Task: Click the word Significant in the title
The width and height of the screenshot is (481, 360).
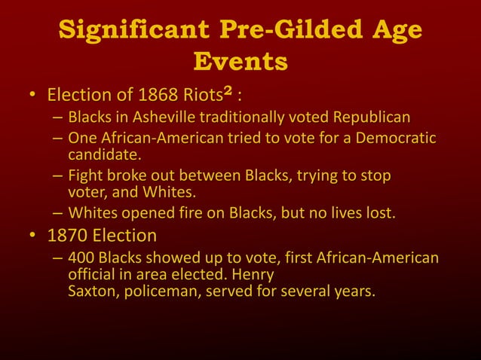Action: click(135, 29)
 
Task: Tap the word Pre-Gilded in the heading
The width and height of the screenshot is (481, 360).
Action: click(285, 29)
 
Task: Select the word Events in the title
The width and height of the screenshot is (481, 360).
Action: click(240, 61)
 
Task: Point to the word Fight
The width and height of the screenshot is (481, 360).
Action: click(84, 176)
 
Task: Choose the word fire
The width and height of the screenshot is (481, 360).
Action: click(198, 213)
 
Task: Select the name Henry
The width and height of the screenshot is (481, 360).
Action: click(253, 275)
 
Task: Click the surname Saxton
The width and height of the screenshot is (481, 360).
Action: click(93, 291)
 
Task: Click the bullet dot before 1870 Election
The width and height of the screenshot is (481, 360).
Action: click(32, 235)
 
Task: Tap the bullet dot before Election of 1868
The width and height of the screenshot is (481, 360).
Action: click(32, 97)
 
